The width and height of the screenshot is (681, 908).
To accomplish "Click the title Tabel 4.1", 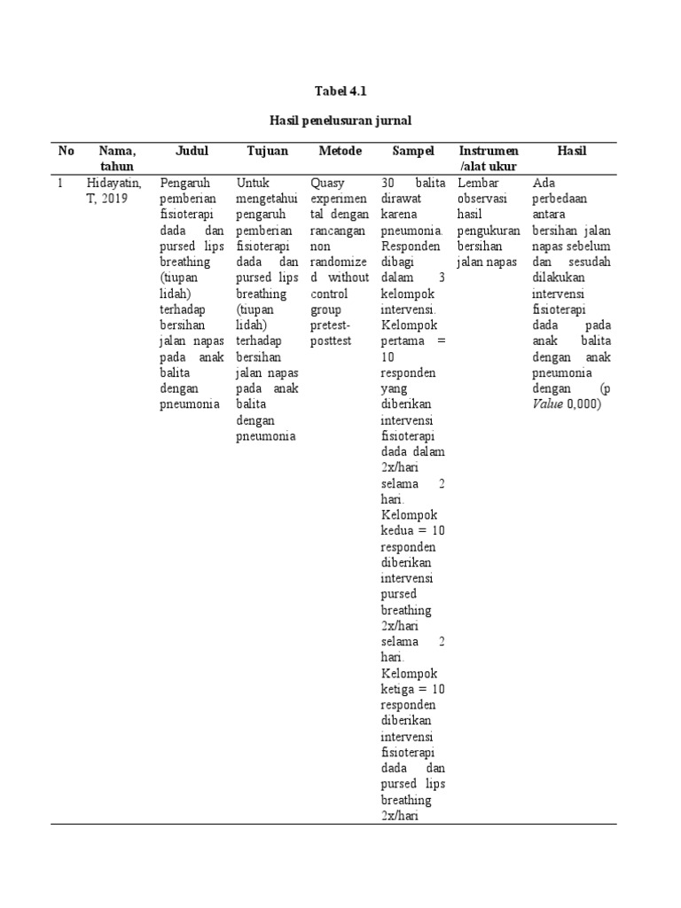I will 340,90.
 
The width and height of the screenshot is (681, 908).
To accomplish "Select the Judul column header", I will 192,151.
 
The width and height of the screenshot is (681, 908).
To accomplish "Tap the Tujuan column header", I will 267,151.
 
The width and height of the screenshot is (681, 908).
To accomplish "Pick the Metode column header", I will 340,151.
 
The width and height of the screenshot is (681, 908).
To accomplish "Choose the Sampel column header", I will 413,151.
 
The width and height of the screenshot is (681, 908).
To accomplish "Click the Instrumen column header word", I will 489,151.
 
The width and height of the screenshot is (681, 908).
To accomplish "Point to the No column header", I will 67,151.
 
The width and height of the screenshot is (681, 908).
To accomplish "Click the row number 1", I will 60,183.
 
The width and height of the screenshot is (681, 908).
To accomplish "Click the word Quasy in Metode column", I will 327,183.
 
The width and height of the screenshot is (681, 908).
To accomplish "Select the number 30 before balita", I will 387,183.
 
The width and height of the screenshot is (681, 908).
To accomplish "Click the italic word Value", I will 548,404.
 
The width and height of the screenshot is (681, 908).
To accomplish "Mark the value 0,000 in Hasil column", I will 583,404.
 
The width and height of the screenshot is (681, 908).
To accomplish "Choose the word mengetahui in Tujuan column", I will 267,199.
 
